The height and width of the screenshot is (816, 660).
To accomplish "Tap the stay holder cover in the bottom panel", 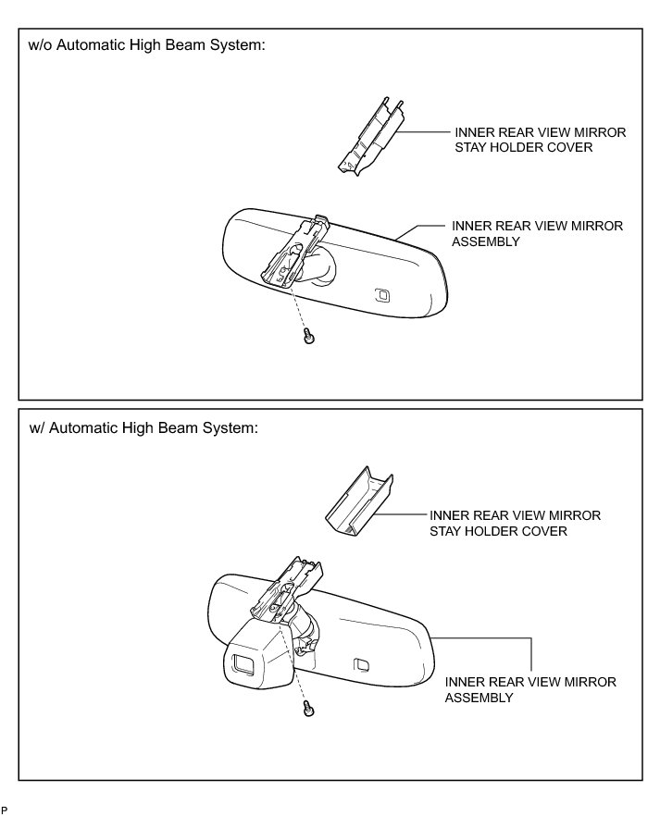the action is (x=358, y=501).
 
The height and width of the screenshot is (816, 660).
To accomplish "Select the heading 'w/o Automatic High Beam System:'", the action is (x=148, y=46).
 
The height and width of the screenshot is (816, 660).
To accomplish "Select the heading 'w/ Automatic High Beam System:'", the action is (x=143, y=428).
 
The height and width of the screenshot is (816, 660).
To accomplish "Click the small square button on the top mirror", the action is (x=381, y=295).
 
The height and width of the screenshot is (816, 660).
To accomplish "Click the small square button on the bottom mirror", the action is (x=362, y=663).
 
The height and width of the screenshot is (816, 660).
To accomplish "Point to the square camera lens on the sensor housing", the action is (x=243, y=662).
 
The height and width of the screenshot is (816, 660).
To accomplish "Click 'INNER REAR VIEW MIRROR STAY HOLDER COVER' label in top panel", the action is (x=540, y=140).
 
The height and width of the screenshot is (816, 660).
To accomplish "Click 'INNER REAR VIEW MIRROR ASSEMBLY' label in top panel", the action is (x=537, y=233).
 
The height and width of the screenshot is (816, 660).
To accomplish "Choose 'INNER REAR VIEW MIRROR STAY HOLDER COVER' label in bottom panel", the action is (x=515, y=523).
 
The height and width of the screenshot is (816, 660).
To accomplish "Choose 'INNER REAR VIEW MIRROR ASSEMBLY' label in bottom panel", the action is (x=530, y=689).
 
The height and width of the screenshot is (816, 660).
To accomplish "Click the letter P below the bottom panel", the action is (x=4, y=810).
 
